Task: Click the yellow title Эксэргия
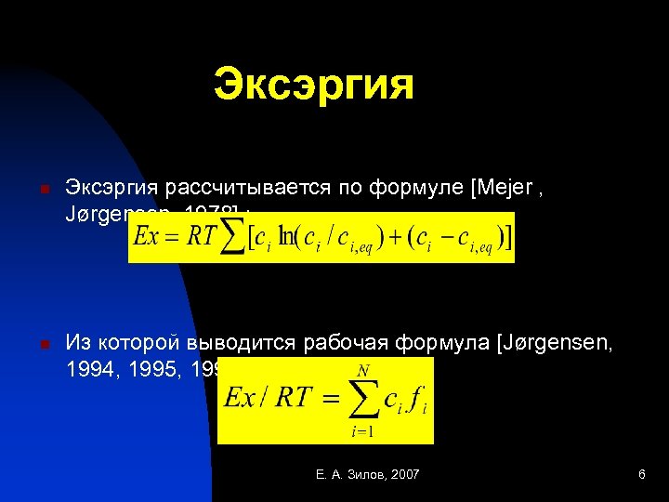(x=313, y=85)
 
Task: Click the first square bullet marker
(x=44, y=189)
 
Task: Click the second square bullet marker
(x=44, y=345)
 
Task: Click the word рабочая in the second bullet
(x=339, y=342)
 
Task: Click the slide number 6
(x=641, y=475)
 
